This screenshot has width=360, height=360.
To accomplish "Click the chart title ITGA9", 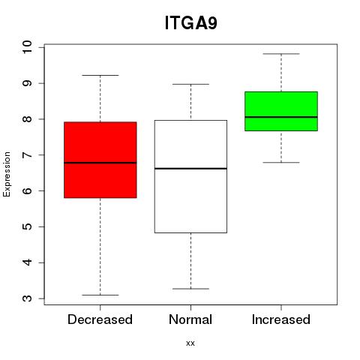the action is [190, 22].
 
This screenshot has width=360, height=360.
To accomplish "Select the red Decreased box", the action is [100, 160].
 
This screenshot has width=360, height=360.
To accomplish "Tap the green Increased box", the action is [281, 111].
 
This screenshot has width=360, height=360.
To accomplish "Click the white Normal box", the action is [190, 176].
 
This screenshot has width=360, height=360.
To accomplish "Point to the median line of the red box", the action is [100, 163].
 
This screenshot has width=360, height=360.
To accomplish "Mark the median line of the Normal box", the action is [190, 169].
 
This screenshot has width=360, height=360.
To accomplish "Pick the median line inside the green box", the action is [281, 117].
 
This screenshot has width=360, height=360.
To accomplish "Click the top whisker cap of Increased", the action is [281, 54].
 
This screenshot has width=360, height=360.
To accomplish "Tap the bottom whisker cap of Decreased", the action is [100, 295].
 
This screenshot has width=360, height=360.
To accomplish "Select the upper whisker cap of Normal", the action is [190, 84].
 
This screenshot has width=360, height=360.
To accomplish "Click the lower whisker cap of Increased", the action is [281, 163].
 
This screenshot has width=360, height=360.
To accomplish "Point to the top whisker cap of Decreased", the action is [100, 75].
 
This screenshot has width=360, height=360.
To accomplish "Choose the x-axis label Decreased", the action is [100, 319].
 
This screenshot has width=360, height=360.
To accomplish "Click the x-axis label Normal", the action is [190, 319].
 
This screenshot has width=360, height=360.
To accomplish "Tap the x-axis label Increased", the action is [281, 319].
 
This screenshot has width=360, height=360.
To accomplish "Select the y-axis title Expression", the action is [7, 174].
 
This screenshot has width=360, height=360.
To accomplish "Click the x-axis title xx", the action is [190, 343].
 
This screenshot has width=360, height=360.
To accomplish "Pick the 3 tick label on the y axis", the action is [27, 298].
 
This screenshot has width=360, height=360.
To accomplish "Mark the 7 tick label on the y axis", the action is [27, 155].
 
